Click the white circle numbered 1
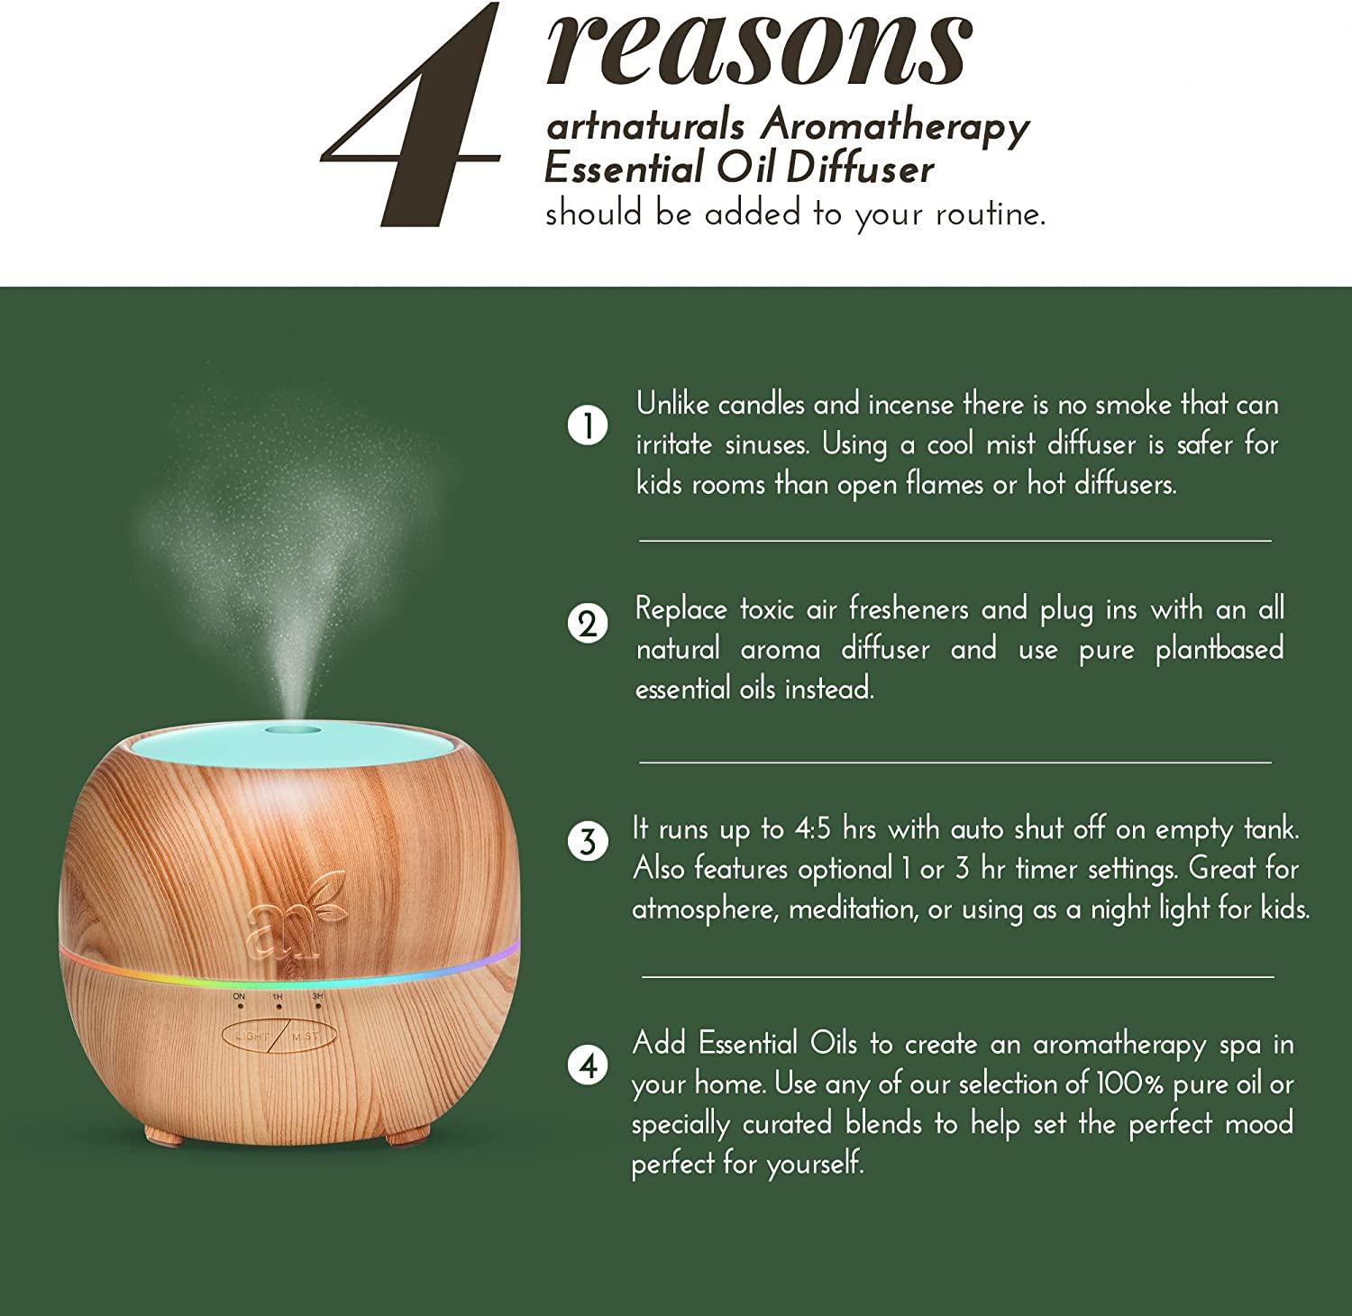click(588, 425)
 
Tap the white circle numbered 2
click(588, 623)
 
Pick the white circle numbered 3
click(588, 843)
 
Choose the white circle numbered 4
click(588, 1066)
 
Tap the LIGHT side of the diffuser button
click(253, 1037)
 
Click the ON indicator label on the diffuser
click(238, 997)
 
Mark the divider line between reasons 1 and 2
click(955, 541)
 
